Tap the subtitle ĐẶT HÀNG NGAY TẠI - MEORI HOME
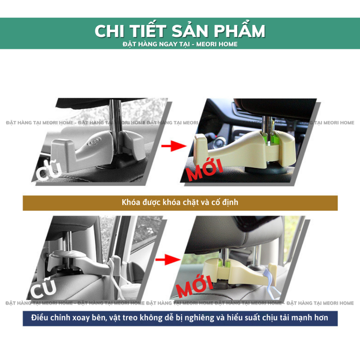click(x=180, y=44)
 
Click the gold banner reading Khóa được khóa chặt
click(x=180, y=203)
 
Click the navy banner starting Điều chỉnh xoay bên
click(x=180, y=318)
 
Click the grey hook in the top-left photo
click(x=88, y=149)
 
